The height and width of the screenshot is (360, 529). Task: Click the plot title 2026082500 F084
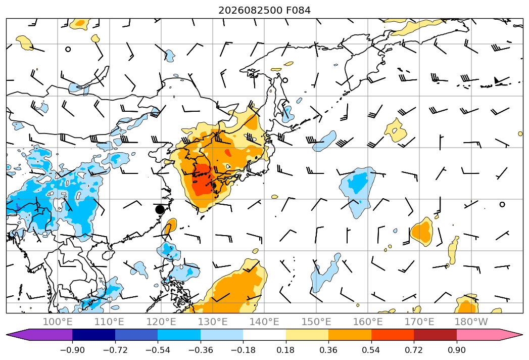tap(265, 10)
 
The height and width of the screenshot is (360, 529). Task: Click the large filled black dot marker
tap(160, 209)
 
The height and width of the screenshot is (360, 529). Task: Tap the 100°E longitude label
tap(58, 322)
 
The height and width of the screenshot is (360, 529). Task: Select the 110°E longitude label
tap(109, 322)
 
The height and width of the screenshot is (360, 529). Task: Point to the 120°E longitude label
tap(161, 322)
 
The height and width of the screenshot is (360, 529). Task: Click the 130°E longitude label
tap(213, 322)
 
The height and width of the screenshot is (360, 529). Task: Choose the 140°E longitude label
tap(264, 322)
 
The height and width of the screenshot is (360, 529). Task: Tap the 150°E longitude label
tap(316, 322)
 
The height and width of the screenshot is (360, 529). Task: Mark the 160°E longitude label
tap(368, 322)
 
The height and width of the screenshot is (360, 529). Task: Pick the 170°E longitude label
tap(419, 322)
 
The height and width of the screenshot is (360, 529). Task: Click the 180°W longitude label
tap(471, 322)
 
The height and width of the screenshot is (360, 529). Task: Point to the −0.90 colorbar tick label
tap(72, 350)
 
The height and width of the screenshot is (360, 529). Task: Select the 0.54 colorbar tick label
tap(371, 350)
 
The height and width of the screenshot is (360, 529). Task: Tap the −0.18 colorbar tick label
tap(243, 350)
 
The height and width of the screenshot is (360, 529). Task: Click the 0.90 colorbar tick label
tap(456, 350)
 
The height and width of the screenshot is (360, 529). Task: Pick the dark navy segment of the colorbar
tap(94, 335)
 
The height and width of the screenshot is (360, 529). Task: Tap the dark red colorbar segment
tap(435, 335)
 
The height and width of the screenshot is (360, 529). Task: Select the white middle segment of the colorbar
tap(265, 335)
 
